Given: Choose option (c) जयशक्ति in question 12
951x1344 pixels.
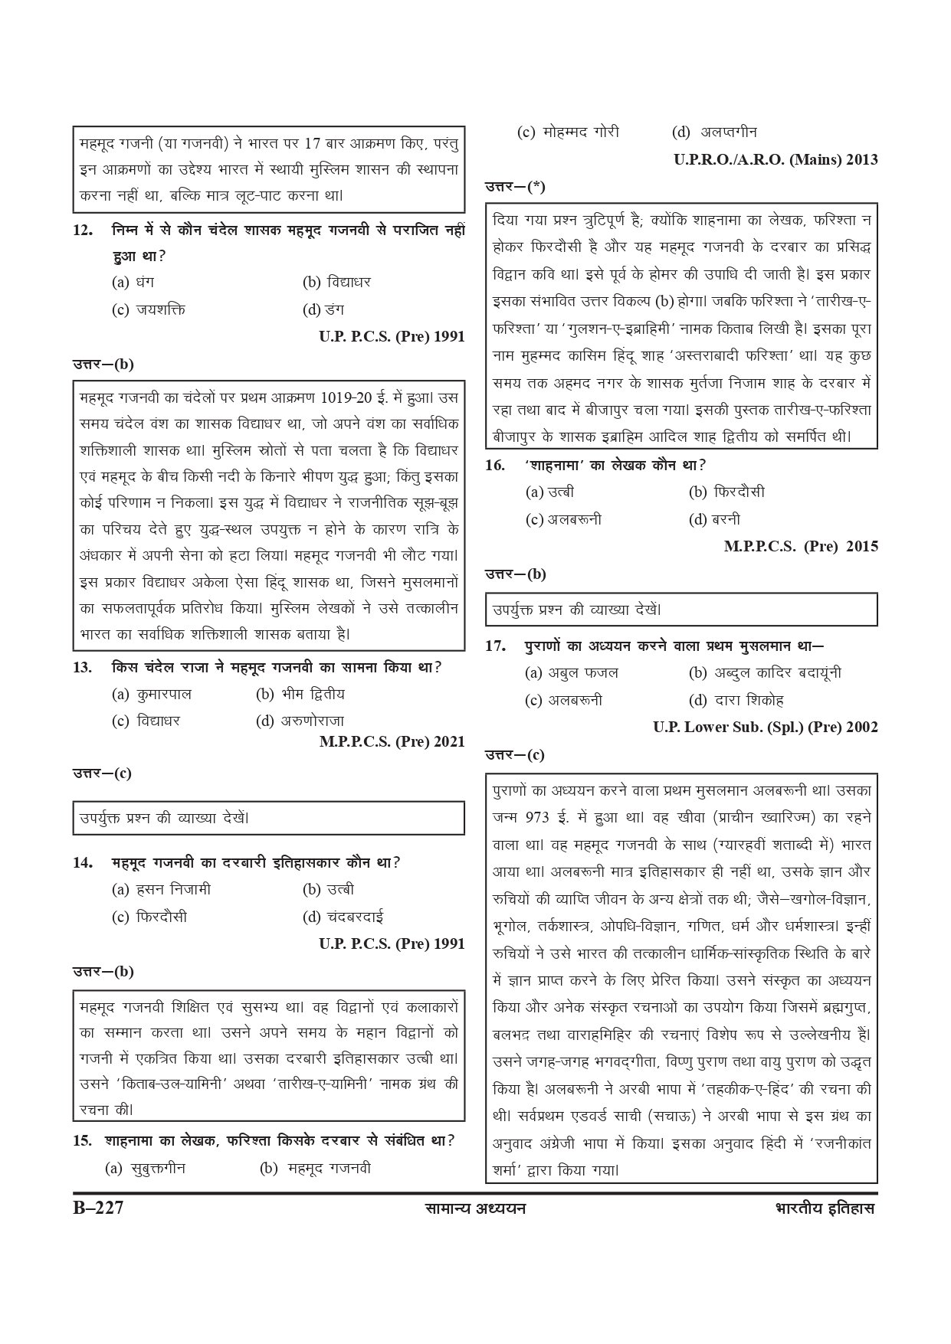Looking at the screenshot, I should (149, 309).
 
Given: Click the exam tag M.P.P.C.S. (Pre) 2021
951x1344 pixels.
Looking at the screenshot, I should (392, 741).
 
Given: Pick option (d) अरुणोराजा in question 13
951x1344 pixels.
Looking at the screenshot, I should (300, 721).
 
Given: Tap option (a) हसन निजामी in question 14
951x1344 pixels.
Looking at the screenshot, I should (161, 889).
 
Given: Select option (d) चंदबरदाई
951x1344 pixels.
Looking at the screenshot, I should (343, 917).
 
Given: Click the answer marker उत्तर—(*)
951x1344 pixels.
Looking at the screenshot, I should (515, 186).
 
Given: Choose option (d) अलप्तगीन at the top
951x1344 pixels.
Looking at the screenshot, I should (714, 132).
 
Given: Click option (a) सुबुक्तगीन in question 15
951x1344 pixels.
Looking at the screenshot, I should (146, 1168).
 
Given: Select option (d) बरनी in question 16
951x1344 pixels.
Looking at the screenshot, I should (714, 519).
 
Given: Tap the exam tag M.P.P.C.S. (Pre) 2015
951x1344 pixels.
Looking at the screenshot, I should (801, 546).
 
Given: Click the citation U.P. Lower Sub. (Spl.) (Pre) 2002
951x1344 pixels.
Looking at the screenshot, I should (766, 727).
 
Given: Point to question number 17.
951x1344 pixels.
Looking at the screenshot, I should (496, 646).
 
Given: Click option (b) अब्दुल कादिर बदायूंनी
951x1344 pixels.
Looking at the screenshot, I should (765, 672).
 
